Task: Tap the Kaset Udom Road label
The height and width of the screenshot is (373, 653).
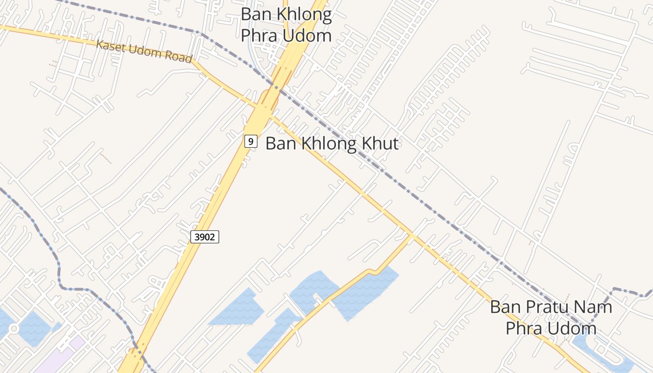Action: coord(144,51)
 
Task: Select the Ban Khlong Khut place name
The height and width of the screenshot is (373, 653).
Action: coord(332,143)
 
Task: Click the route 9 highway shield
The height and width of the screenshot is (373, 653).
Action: coord(251,141)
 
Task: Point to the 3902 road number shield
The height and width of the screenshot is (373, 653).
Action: coord(205,237)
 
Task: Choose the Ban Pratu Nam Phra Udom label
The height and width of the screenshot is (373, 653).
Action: coord(551,318)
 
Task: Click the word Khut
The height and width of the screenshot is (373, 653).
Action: coord(379,143)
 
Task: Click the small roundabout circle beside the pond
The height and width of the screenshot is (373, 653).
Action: coord(14,329)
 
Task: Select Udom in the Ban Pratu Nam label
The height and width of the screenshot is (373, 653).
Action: coord(573,328)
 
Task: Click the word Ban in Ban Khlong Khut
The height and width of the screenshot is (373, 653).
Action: coord(281,143)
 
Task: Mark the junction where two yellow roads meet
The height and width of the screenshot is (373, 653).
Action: coord(411,235)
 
